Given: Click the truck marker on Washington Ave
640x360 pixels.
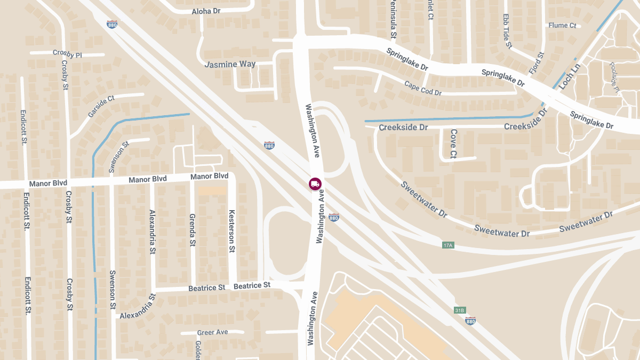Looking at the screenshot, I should pyautogui.click(x=315, y=184).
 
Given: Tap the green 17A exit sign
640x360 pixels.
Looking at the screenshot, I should pyautogui.click(x=447, y=245).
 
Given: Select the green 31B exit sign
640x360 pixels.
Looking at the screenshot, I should pyautogui.click(x=460, y=310).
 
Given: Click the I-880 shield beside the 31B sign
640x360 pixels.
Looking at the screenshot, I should pyautogui.click(x=470, y=321).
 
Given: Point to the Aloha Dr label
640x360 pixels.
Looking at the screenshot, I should pyautogui.click(x=206, y=11).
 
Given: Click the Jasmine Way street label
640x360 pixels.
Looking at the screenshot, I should pyautogui.click(x=230, y=64).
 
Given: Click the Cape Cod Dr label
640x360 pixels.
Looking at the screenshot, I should pyautogui.click(x=423, y=88).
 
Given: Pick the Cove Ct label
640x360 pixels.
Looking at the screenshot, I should pyautogui.click(x=453, y=143).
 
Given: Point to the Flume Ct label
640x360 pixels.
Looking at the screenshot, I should pyautogui.click(x=562, y=25).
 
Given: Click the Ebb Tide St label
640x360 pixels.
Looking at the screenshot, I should pyautogui.click(x=507, y=31).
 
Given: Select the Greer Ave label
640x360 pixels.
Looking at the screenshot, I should pyautogui.click(x=212, y=332).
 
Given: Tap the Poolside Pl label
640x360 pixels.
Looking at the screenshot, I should pyautogui.click(x=613, y=78).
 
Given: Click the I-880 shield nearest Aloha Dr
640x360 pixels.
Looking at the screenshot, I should pyautogui.click(x=112, y=25).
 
